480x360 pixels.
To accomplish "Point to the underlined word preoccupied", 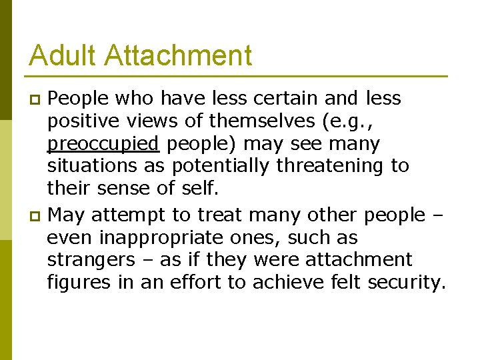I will pyautogui.click(x=103, y=144).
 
